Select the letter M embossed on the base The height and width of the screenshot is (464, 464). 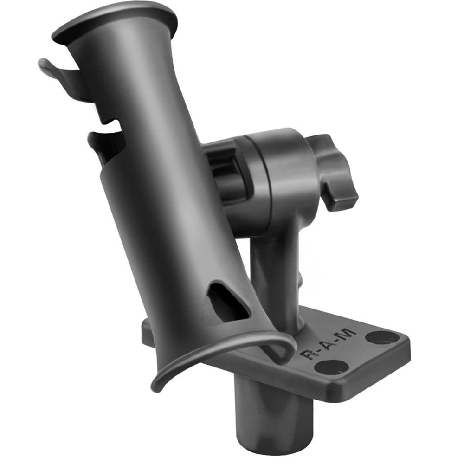click(x=347, y=334)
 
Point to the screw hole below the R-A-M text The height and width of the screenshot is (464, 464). click(x=331, y=367)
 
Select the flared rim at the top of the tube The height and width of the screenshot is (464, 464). click(x=116, y=21)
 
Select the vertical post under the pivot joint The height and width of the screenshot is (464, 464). click(x=274, y=274)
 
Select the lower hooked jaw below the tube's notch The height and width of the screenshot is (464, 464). click(x=104, y=144)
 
